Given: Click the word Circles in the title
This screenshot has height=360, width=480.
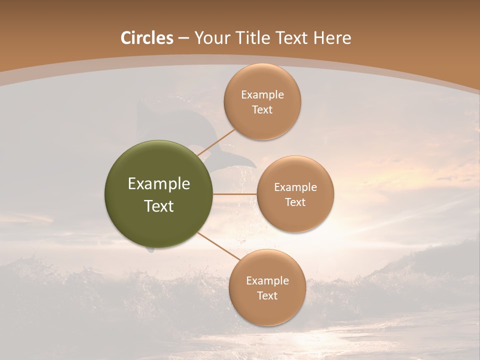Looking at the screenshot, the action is tap(147, 38).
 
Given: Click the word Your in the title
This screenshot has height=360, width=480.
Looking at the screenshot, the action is tap(212, 38).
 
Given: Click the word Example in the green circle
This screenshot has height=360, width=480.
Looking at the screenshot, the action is tap(159, 184).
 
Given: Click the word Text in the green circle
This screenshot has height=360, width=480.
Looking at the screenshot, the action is tap(159, 206).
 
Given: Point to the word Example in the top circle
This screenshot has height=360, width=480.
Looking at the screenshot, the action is tap(262, 95).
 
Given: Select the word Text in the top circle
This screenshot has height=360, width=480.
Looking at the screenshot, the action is tap(262, 110).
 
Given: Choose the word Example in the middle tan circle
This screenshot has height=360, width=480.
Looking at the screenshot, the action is tap(295, 187).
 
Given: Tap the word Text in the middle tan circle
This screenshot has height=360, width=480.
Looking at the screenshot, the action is tap(295, 202).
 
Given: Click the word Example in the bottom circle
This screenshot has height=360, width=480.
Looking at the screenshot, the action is tap(267, 281).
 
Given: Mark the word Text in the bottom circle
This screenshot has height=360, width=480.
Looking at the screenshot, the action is tap(267, 296).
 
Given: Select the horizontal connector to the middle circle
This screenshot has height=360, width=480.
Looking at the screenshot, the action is tap(235, 194).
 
